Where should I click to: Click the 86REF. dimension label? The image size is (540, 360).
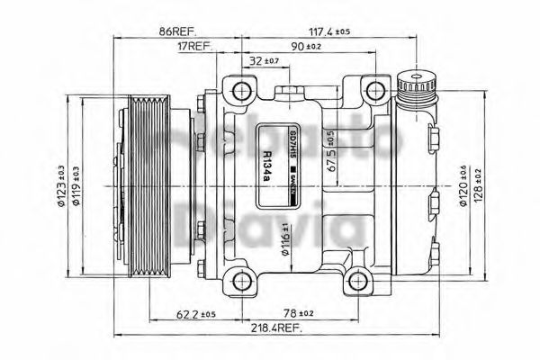(179, 31)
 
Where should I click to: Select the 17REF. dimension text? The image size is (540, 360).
(193, 45)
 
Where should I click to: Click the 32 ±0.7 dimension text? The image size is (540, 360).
(262, 61)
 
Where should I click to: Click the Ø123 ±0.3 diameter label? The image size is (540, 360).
(61, 186)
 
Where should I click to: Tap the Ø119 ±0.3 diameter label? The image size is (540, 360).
(75, 186)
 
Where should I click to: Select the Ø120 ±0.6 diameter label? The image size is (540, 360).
(463, 186)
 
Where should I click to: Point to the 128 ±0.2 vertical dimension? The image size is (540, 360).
(477, 186)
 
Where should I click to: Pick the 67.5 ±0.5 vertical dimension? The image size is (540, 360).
(330, 150)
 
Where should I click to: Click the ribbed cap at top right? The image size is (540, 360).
(416, 87)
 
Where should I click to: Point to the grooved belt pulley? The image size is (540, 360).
(144, 184)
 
